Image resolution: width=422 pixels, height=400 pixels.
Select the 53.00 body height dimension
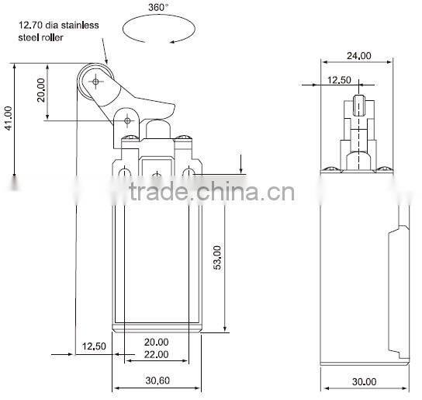pos(217,258)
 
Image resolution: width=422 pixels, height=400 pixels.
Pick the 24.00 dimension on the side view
pos(358,56)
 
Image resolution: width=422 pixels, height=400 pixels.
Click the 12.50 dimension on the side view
pos(338,80)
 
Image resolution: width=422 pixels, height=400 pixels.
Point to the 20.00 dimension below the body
pos(156,342)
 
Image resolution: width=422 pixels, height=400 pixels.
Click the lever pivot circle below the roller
pos(128,120)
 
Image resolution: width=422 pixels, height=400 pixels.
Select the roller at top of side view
pos(358,104)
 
